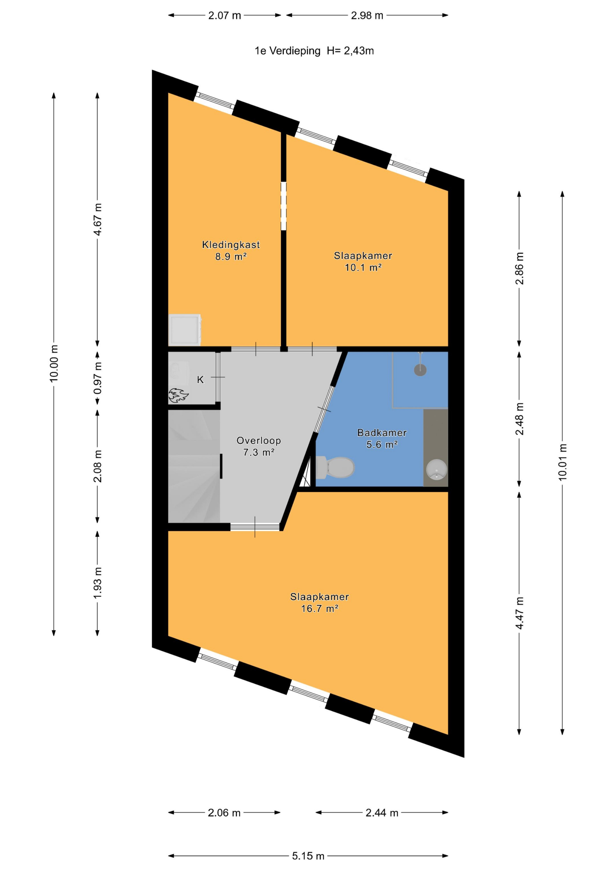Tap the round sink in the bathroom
click(437, 470)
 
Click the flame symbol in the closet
click(178, 395)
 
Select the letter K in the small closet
click(200, 380)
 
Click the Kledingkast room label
click(231, 245)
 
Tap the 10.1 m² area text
click(363, 267)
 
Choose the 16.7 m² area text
click(320, 609)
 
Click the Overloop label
click(259, 440)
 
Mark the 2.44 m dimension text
click(382, 812)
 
